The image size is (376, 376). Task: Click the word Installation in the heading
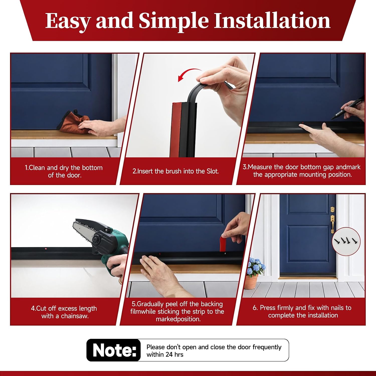[x=272, y=21]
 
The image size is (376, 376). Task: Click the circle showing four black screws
[x=346, y=241]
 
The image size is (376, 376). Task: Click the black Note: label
[x=114, y=350]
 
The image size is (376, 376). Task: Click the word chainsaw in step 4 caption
[x=74, y=316]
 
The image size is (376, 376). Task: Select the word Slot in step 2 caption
[x=213, y=171]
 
